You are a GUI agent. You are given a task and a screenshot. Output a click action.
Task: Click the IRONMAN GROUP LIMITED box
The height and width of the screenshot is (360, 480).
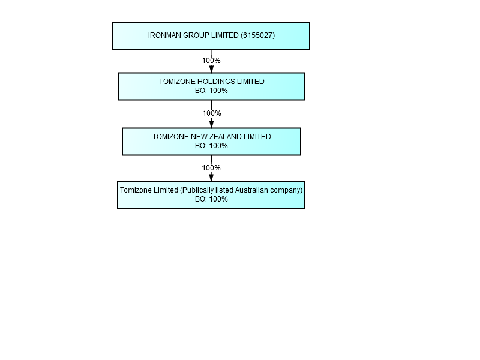211,36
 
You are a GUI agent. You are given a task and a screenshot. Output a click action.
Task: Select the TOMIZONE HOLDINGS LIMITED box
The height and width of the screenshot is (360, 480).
212,86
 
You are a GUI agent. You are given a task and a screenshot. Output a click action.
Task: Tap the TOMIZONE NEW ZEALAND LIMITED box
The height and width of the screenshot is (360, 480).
212,142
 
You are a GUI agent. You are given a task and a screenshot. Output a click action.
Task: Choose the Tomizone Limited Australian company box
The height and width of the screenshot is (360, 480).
211,195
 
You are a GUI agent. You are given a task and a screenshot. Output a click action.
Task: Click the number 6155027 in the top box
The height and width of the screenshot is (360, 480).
257,35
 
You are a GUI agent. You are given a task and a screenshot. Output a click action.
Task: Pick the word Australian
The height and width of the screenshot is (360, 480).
251,190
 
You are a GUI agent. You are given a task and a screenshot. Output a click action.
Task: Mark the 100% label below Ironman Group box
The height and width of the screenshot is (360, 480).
211,61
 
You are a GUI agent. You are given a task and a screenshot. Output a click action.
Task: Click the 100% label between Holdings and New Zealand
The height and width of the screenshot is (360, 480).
212,113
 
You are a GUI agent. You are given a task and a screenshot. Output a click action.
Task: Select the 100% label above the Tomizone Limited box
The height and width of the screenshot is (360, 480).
211,168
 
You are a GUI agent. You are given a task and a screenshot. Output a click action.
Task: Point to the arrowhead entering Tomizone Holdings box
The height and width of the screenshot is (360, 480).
211,69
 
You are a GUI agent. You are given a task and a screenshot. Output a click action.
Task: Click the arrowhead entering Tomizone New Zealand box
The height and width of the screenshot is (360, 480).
212,124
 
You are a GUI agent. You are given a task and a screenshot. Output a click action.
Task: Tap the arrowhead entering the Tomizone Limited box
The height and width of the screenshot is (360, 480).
211,177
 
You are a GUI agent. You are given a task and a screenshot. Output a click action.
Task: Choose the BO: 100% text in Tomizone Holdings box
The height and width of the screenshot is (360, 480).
212,91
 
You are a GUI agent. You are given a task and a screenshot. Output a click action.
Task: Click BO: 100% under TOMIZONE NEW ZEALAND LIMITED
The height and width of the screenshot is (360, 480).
212,146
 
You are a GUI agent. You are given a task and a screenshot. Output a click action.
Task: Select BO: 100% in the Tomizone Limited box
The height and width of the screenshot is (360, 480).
212,199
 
